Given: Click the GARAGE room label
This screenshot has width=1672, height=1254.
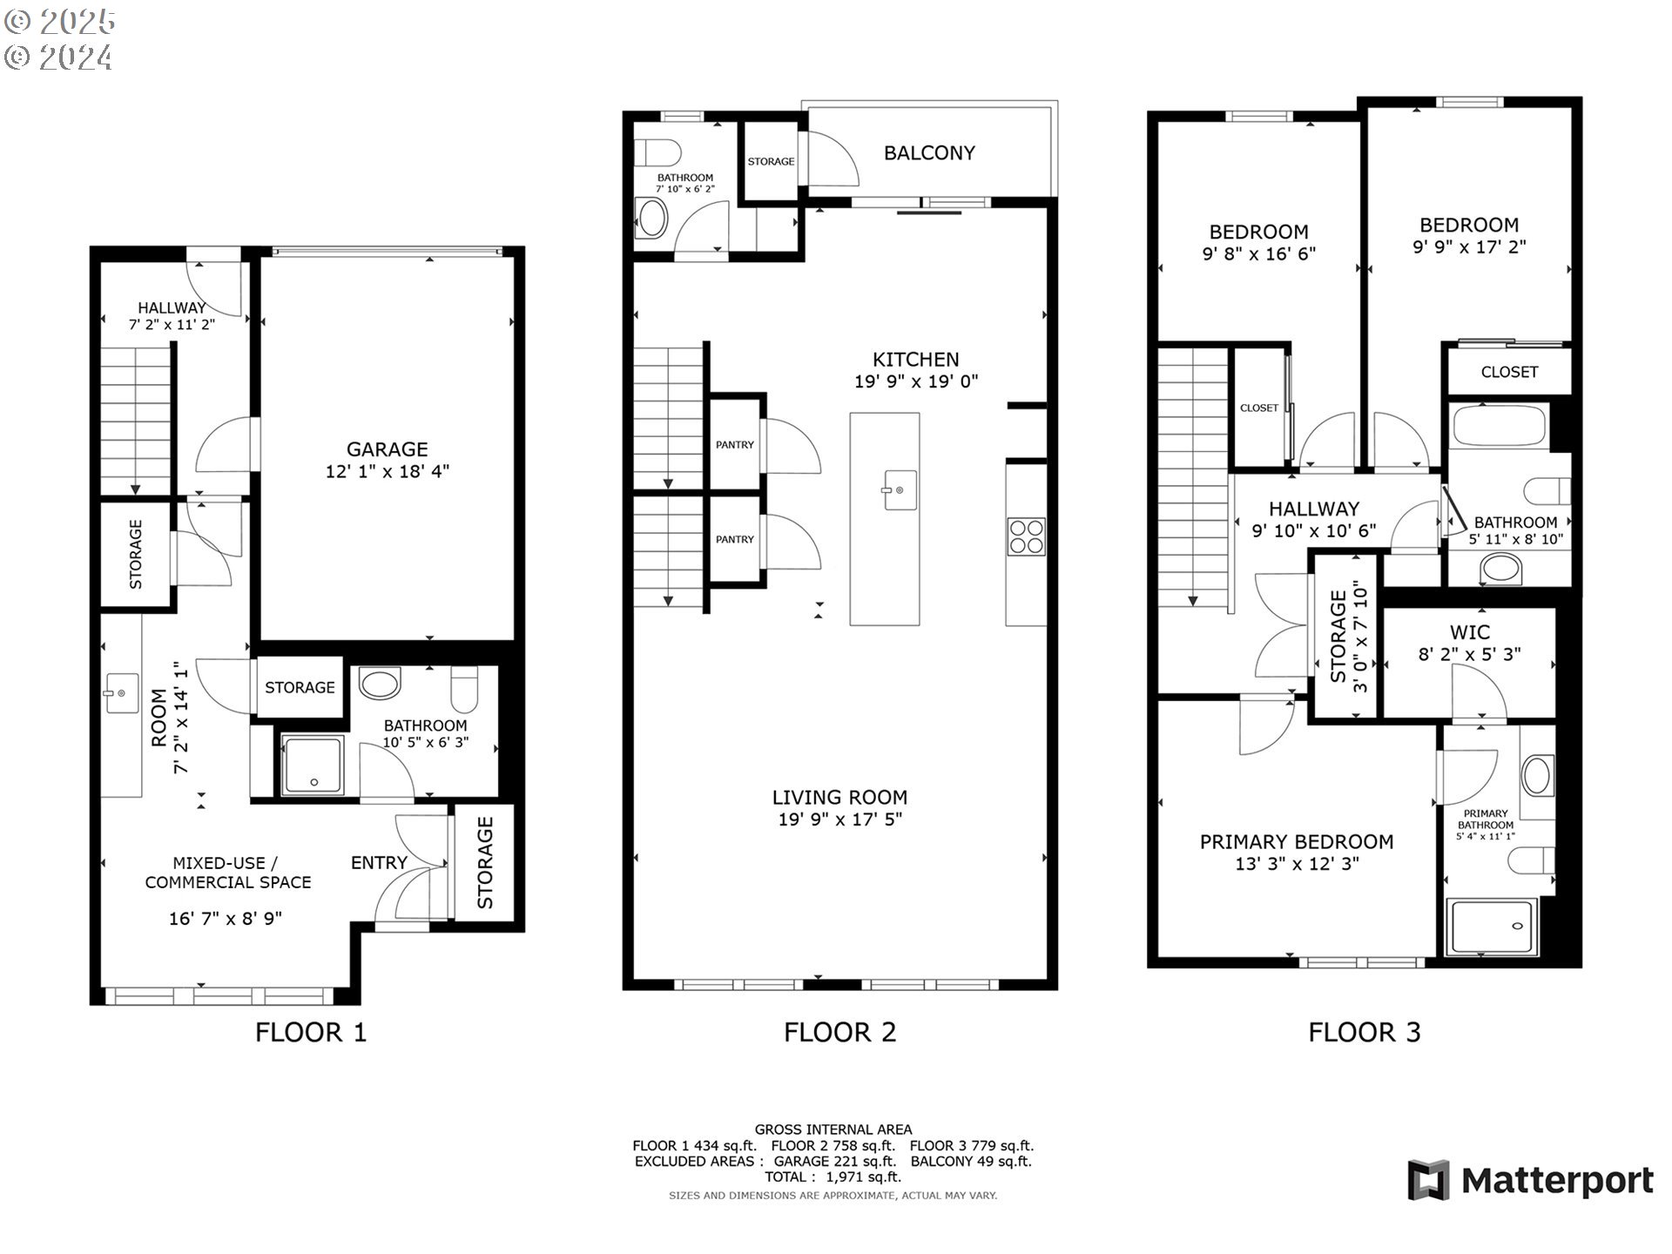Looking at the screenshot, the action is (388, 449).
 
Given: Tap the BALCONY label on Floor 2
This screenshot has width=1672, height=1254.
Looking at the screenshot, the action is (929, 153).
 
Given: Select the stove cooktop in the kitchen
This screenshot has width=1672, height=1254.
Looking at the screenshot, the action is (1026, 536).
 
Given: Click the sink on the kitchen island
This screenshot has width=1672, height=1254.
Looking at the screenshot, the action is (900, 489).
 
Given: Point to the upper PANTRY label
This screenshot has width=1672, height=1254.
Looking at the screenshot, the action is (735, 445).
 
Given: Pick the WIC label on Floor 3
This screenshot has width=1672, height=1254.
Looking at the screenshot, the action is (1469, 632).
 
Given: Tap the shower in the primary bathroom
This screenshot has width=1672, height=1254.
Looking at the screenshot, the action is (1492, 927).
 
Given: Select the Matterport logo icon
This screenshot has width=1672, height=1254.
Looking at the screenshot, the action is (1428, 1180).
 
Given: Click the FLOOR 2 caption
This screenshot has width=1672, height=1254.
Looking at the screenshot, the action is (839, 1033).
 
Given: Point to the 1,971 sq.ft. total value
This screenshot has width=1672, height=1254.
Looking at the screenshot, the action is (863, 1176).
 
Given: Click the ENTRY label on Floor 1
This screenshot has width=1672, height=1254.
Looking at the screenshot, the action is (379, 862).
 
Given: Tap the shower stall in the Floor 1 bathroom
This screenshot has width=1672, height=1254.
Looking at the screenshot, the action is (312, 765).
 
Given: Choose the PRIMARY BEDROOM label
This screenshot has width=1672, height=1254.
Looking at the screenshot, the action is (1297, 842).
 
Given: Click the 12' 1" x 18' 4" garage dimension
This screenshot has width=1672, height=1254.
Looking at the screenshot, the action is (388, 472).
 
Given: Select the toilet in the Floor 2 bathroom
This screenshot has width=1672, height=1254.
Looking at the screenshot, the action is (657, 153).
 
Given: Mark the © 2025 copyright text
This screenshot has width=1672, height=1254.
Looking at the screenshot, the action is (59, 22).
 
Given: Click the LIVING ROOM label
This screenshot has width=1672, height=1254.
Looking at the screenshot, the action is (839, 798).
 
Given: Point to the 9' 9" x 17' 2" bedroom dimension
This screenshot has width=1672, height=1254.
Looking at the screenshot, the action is (1469, 247).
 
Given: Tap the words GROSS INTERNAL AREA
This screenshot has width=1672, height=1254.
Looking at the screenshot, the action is (833, 1129).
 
